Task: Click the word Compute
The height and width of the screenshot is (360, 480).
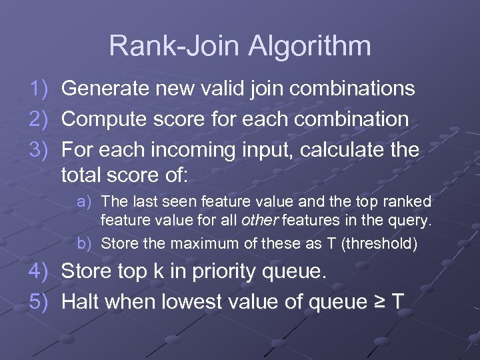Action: (104, 119)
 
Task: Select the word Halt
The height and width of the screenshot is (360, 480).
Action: (82, 302)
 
